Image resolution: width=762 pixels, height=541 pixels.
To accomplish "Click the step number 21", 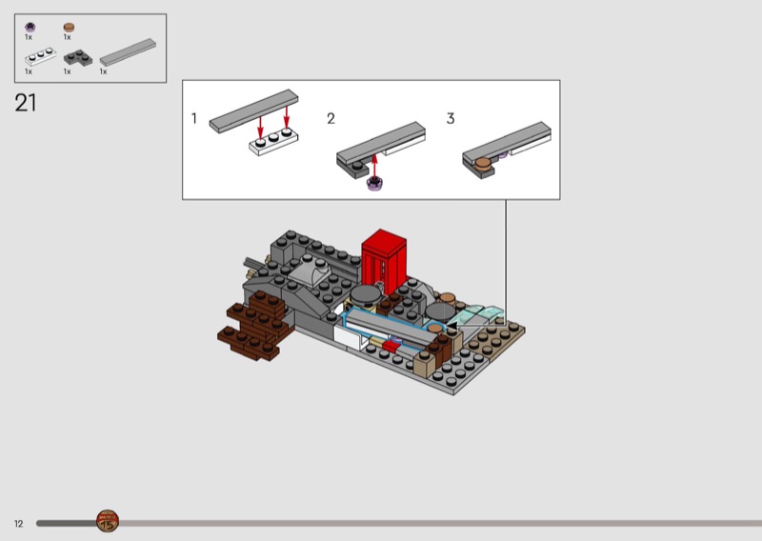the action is pyautogui.click(x=26, y=103).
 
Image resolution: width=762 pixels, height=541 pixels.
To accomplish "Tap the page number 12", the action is pyautogui.click(x=18, y=524).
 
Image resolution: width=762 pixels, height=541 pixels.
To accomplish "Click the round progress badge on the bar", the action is pyautogui.click(x=108, y=521).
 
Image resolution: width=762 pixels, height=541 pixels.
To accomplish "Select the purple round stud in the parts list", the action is pyautogui.click(x=30, y=27).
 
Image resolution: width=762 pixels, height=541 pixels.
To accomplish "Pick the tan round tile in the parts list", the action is pyautogui.click(x=69, y=28).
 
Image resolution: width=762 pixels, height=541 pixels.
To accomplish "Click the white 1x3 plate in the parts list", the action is pyautogui.click(x=41, y=57).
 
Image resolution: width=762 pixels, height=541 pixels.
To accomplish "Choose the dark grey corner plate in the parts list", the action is pyautogui.click(x=78, y=57).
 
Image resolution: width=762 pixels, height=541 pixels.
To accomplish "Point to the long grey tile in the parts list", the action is pyautogui.click(x=128, y=52).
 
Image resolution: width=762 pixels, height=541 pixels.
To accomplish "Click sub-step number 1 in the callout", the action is pyautogui.click(x=194, y=119).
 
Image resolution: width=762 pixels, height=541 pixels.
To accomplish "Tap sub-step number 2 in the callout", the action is pyautogui.click(x=331, y=119).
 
